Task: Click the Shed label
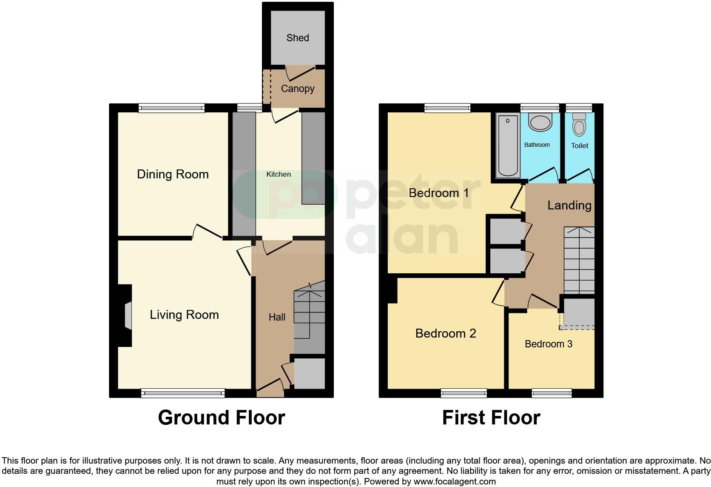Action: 298,38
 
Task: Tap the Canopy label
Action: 298,89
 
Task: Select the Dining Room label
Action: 173,174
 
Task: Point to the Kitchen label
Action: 279,174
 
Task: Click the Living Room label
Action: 184,315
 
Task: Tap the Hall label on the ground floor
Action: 277,317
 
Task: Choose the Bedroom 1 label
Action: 438,193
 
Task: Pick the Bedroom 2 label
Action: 445,333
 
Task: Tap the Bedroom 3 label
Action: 549,344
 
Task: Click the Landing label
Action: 569,205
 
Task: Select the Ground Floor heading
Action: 221,418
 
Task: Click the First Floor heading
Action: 491,418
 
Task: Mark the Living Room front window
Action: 183,393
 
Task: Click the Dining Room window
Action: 171,108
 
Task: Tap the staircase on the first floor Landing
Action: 579,260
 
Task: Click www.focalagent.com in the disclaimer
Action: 455,481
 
